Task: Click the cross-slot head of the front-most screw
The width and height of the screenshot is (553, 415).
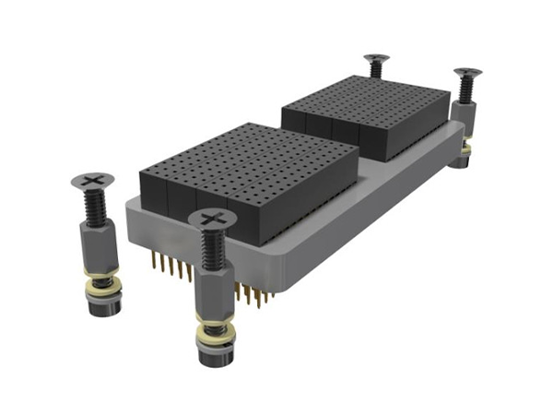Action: (212, 219)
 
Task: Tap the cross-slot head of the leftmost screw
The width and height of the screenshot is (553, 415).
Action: (92, 180)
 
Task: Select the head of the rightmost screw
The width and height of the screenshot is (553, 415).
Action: (467, 72)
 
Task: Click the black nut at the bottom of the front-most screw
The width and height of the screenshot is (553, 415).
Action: (213, 355)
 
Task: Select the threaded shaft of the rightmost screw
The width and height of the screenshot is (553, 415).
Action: (465, 89)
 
